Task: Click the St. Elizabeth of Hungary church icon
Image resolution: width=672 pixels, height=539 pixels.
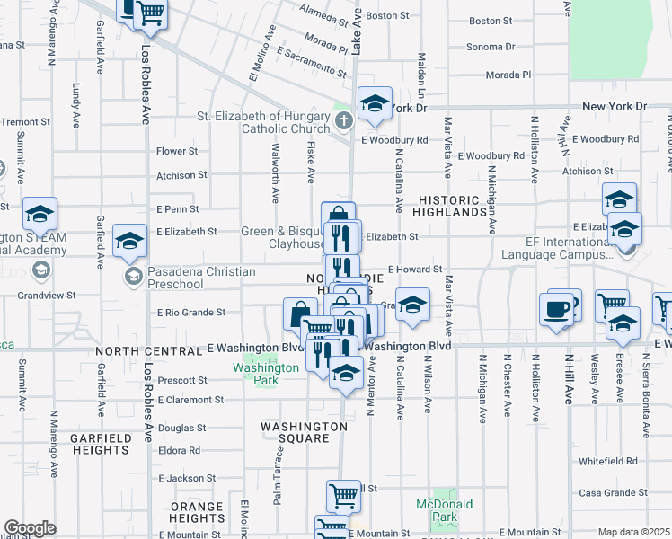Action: pos(342,120)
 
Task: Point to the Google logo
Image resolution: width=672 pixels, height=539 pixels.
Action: pos(30,527)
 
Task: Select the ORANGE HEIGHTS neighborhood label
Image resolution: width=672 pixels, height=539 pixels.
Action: pos(197,512)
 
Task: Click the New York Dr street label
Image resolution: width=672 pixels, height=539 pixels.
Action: pos(614,106)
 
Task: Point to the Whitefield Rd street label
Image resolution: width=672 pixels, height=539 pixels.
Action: pos(607,461)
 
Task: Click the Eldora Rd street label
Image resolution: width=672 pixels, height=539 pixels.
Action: pos(180,451)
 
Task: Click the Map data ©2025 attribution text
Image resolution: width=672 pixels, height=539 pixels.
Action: pos(634,533)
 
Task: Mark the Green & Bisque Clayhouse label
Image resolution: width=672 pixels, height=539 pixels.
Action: pos(283,237)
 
